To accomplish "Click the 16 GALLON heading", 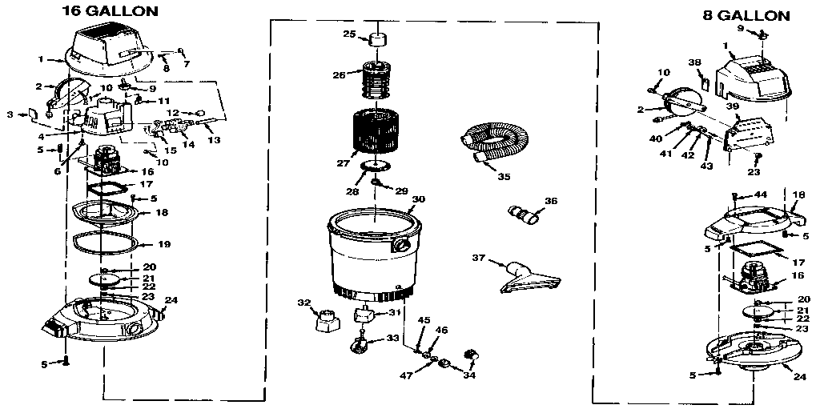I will point(110,11).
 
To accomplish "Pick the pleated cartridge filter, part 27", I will point(376,133).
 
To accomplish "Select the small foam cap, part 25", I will point(376,40).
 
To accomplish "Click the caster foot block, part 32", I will point(325,321).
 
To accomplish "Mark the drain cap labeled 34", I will point(471,355).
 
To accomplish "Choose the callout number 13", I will point(213,139).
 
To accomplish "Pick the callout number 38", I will point(695,62).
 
